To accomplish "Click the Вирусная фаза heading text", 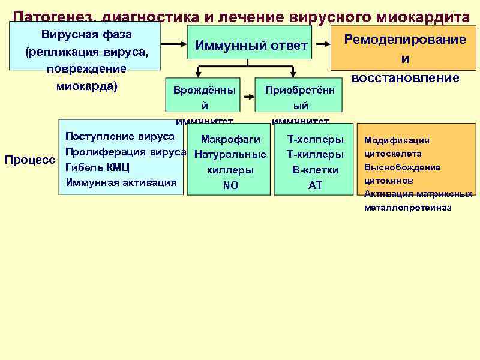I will [x=86, y=35].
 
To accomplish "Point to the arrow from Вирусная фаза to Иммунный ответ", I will [x=174, y=44].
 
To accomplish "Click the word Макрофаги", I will [x=230, y=140].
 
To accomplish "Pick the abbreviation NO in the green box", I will [x=230, y=186].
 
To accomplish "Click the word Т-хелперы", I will [x=316, y=140].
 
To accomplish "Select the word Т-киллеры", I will [x=316, y=155].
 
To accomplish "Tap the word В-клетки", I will [x=316, y=170].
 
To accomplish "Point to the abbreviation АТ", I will [x=316, y=186].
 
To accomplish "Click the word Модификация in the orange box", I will [x=397, y=140].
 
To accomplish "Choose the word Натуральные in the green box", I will [x=230, y=155].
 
